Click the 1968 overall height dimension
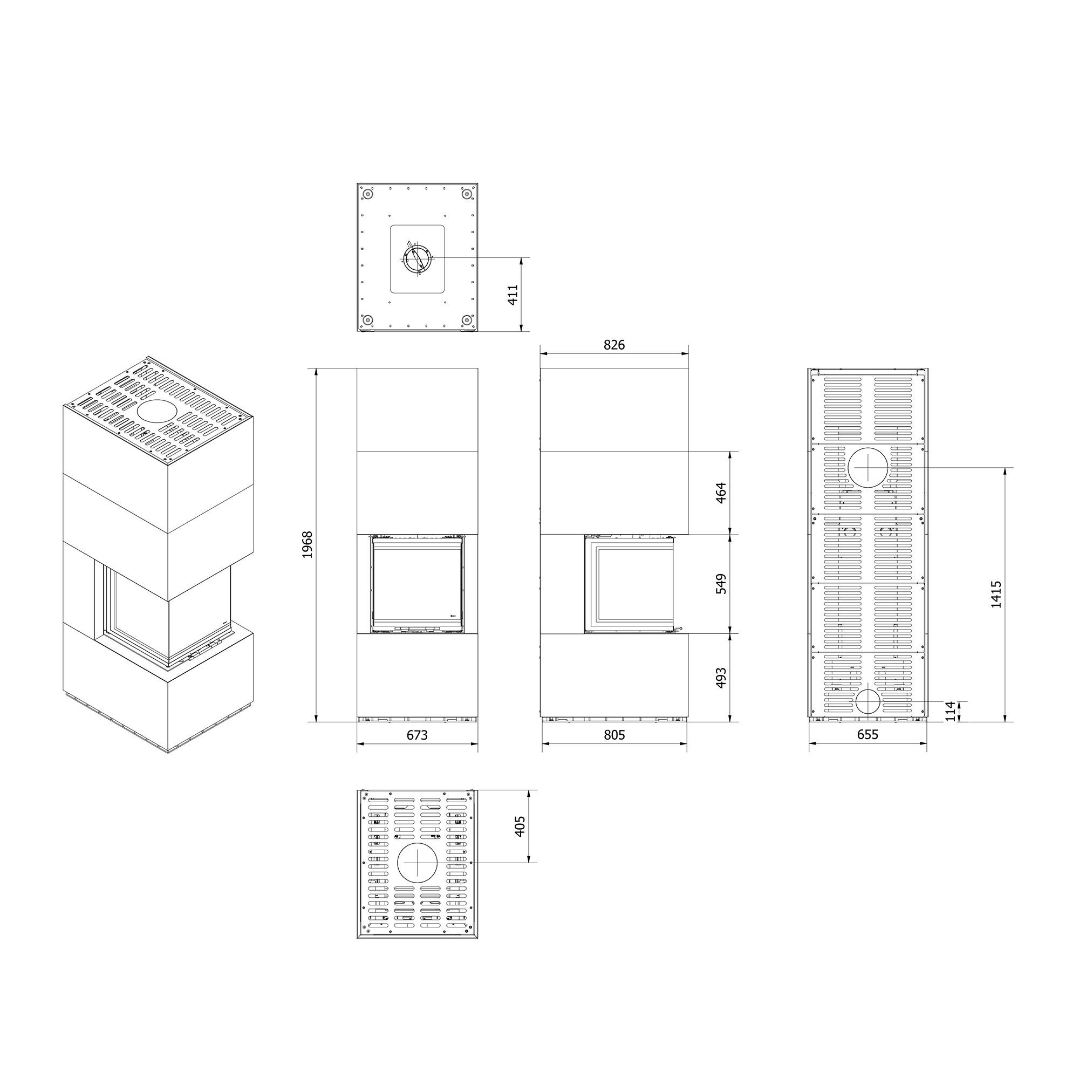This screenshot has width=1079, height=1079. pos(306,544)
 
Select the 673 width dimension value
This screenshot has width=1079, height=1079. pos(417,734)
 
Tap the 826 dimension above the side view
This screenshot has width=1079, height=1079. pos(614,345)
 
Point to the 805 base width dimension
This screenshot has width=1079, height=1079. pos(614,734)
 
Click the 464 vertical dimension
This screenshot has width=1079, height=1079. pos(720,493)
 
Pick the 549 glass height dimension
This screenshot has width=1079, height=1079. pos(720,584)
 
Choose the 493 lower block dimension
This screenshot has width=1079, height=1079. pos(720,678)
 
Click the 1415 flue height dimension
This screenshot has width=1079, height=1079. pos(996,594)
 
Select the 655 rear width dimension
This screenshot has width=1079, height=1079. pos(868,734)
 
